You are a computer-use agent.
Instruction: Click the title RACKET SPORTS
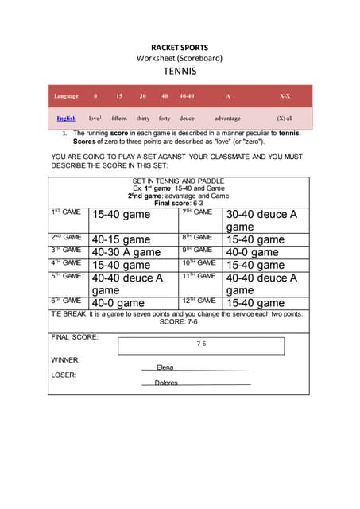pyautogui.click(x=180, y=46)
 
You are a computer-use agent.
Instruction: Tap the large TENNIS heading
pyautogui.click(x=180, y=71)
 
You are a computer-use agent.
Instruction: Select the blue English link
pyautogui.click(x=66, y=118)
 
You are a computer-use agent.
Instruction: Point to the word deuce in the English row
pyautogui.click(x=187, y=118)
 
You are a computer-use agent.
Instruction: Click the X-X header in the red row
pyautogui.click(x=285, y=96)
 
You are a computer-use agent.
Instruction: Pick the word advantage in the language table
pyautogui.click(x=227, y=118)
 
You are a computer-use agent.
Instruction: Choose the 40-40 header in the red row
pyautogui.click(x=187, y=96)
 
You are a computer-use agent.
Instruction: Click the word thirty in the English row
pyautogui.click(x=143, y=118)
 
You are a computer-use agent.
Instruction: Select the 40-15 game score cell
pyautogui.click(x=121, y=239)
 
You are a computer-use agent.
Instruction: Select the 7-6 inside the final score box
pyautogui.click(x=201, y=345)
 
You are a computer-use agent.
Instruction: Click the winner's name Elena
pyautogui.click(x=165, y=367)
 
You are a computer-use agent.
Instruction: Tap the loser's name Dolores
pyautogui.click(x=166, y=383)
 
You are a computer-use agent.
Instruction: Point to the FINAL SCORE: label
pyautogui.click(x=75, y=337)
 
